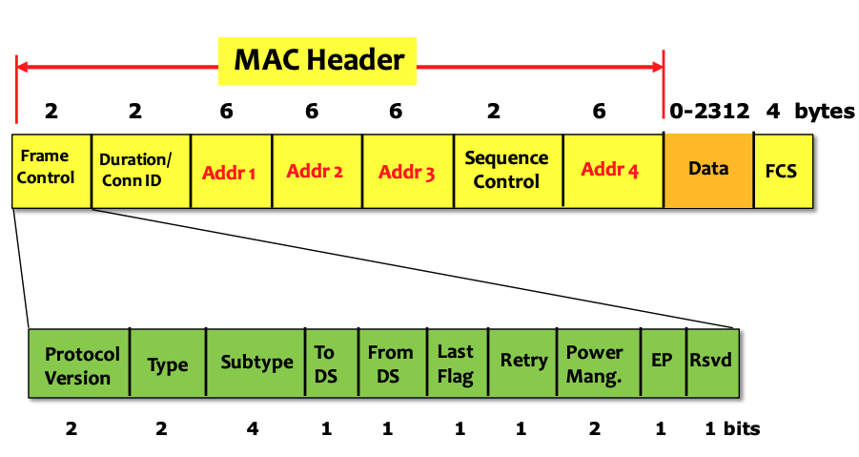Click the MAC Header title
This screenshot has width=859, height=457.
coord(319,60)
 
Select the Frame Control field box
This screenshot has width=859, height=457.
coord(51,170)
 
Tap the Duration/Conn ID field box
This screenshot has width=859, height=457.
coord(140,170)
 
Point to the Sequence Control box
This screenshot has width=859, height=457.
coord(507,170)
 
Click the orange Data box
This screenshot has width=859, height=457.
coord(708,170)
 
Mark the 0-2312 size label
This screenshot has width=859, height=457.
coord(709,111)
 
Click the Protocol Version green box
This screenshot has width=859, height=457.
coord(79,365)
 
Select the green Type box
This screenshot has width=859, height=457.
coord(167,365)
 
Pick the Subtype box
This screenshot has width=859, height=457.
coord(256,364)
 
